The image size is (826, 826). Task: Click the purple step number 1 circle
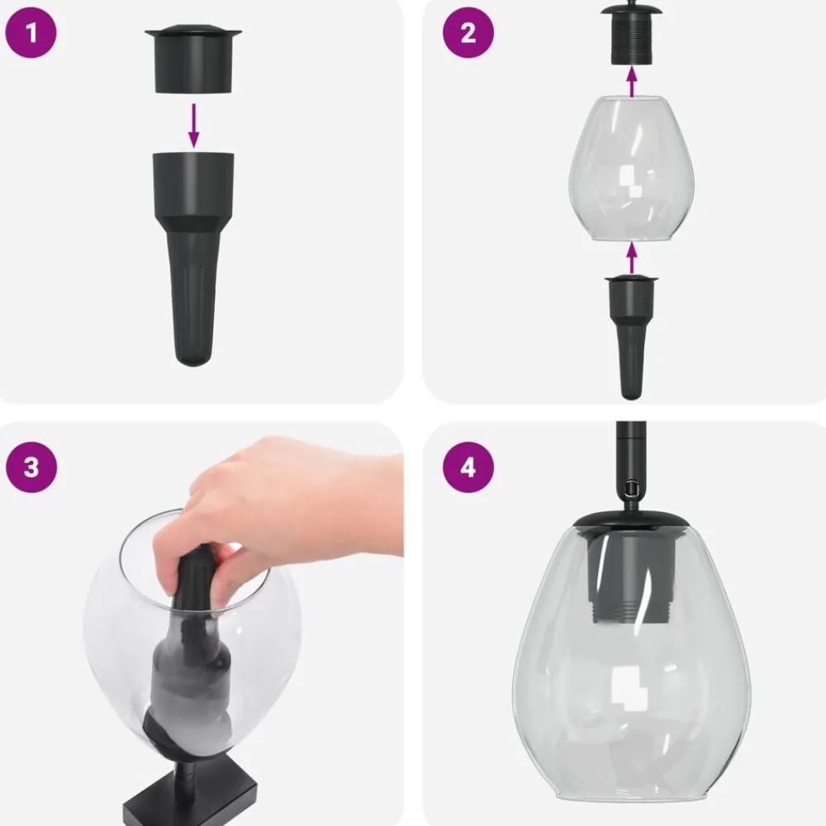[x=31, y=32]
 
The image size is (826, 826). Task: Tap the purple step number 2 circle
[x=468, y=32]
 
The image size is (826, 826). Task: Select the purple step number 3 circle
[x=31, y=467]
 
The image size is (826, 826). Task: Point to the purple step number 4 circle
[x=468, y=467]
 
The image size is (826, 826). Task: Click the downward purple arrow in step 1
[x=194, y=126]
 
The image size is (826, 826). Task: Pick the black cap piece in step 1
[x=193, y=59]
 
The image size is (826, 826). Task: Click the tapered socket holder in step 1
[x=193, y=258]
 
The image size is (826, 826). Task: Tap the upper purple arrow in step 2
[x=632, y=83]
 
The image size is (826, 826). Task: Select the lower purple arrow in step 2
[x=632, y=257]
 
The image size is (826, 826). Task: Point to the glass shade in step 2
[x=632, y=169]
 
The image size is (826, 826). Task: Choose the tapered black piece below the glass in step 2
[x=632, y=336]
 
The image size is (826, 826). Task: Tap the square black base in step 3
[x=191, y=795]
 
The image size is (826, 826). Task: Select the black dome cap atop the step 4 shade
[x=632, y=520]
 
